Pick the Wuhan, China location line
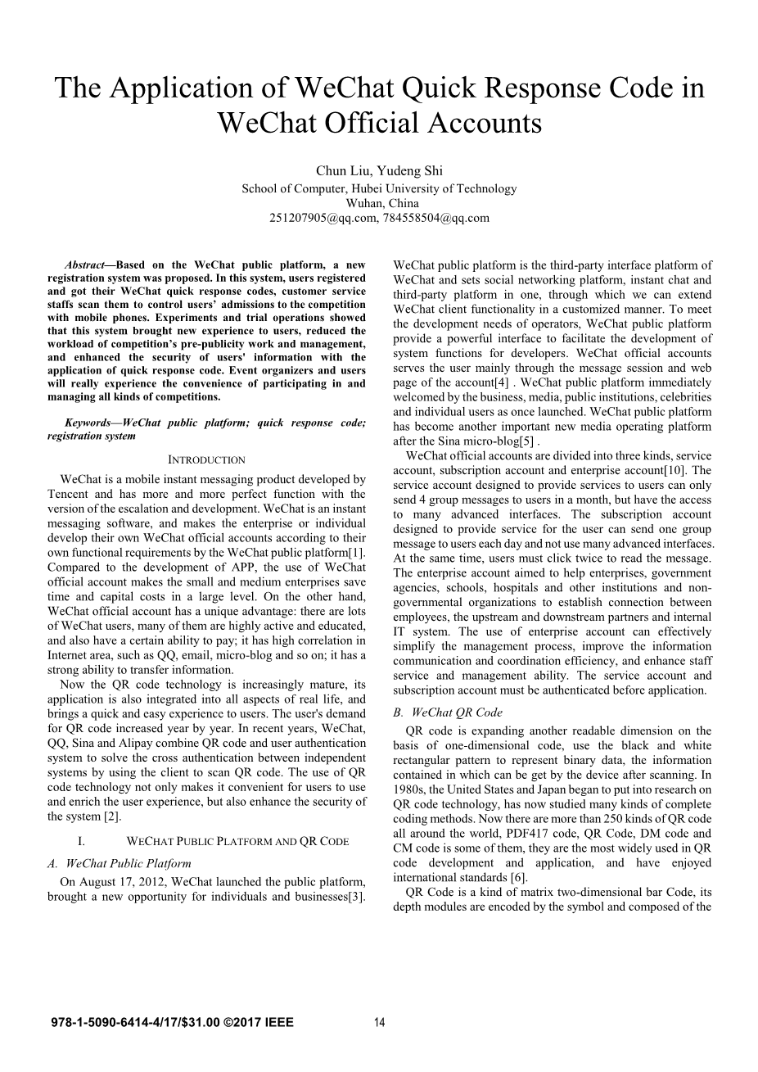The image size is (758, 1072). pos(379,203)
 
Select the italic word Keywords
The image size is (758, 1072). pos(88,423)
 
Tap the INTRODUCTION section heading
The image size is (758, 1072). pos(206,460)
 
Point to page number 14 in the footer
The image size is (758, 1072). pos(379,1022)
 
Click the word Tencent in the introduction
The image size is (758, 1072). pos(69,494)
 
